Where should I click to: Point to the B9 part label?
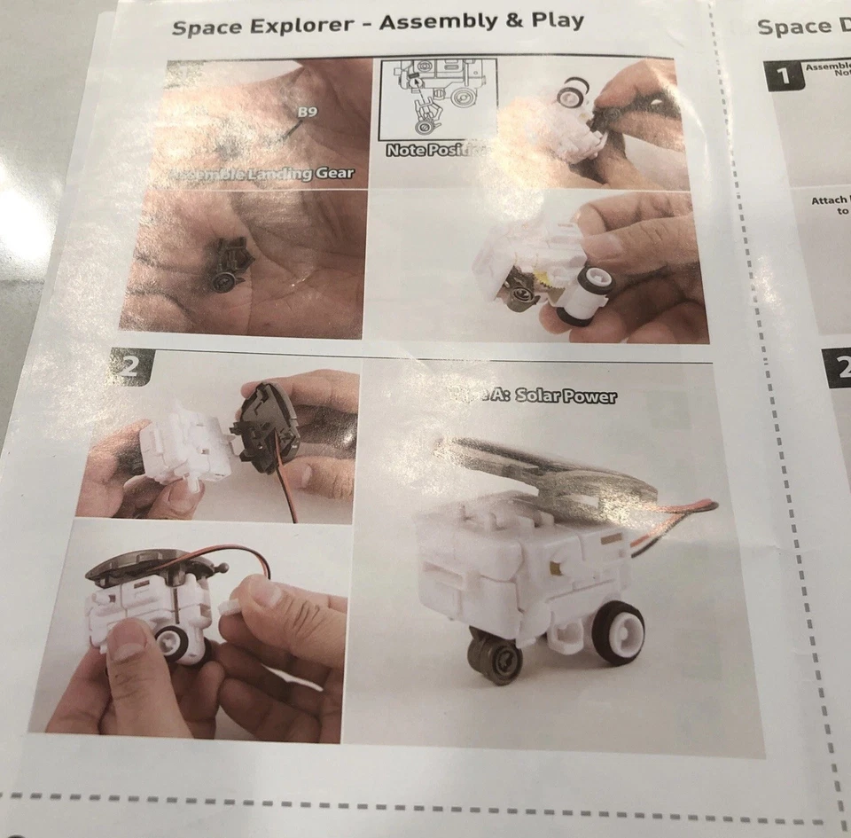click(x=307, y=112)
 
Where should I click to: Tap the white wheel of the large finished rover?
click(x=618, y=633)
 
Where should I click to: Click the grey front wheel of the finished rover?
click(x=493, y=659)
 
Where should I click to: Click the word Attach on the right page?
click(x=828, y=200)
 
